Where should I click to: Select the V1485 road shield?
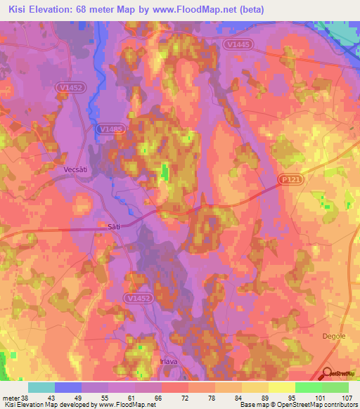(111, 129)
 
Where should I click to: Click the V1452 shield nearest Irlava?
(140, 298)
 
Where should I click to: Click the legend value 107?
(345, 397)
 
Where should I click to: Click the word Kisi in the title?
(20, 9)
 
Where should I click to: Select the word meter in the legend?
(11, 397)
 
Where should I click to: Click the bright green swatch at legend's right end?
(335, 387)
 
